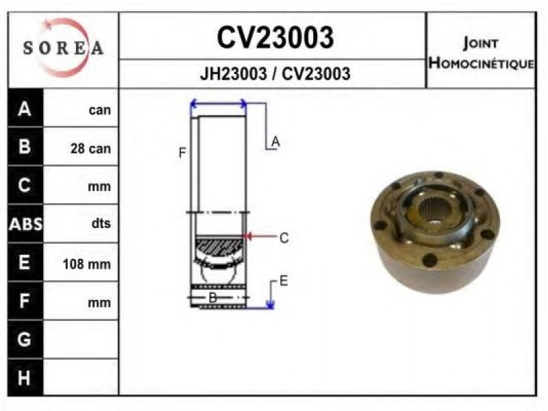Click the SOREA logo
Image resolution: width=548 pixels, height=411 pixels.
(x=64, y=47)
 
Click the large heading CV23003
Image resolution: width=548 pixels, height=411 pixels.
(x=275, y=38)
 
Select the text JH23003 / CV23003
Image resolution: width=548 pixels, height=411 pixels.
(x=275, y=74)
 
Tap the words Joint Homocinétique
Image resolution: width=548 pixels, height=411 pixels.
(x=482, y=53)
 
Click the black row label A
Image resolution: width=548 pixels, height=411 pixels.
(x=25, y=109)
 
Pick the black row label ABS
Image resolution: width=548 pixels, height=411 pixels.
(x=25, y=224)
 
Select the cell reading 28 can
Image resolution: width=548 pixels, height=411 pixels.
(x=90, y=149)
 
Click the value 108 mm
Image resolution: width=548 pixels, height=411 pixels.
(x=87, y=264)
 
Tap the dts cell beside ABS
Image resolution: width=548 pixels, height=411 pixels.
(x=101, y=223)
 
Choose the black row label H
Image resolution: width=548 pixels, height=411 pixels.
(x=24, y=378)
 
